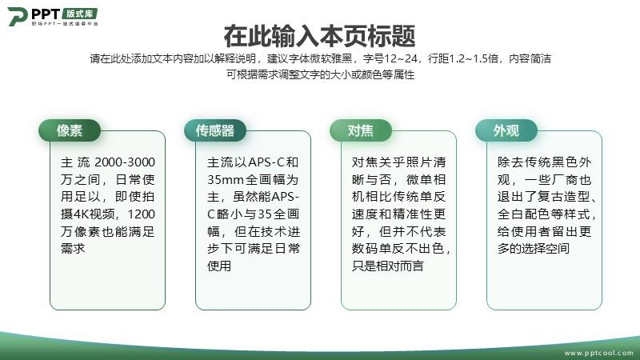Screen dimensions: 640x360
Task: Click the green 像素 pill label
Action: click(70, 130)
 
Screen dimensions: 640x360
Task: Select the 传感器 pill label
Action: click(215, 130)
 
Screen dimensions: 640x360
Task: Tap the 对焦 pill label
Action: click(361, 130)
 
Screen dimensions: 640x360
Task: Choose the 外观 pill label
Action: click(506, 130)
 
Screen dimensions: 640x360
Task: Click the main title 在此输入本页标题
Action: click(319, 36)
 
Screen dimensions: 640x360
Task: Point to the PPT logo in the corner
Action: click(53, 17)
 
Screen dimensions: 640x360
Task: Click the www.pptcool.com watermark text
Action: click(599, 353)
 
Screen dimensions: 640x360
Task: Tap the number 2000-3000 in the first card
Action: click(125, 162)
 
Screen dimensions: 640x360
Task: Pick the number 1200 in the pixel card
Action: click(142, 214)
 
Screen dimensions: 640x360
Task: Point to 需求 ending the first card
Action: click(73, 248)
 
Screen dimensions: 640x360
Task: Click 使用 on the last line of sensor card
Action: click(219, 266)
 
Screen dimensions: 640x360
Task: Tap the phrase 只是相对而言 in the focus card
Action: click(388, 266)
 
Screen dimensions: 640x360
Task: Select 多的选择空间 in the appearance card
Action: click(533, 248)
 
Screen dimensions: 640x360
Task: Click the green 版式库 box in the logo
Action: click(80, 14)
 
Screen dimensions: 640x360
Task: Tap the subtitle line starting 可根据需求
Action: click(321, 74)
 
